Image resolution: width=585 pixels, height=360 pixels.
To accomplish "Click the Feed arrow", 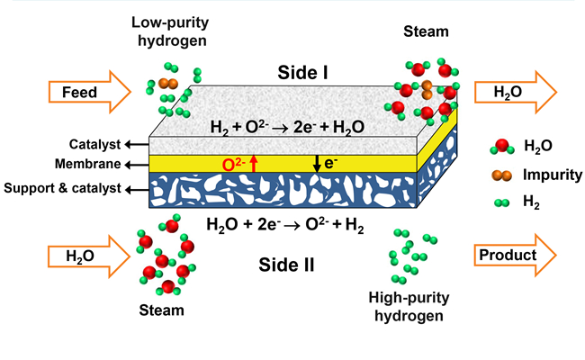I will pos(80,92).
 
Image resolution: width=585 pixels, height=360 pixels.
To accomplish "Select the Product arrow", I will pos(514,256).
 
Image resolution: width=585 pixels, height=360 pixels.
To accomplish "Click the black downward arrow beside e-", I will pos(317,163).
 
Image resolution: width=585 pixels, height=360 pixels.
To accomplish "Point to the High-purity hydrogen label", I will pos(411,307).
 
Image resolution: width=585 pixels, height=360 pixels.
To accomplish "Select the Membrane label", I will pos(90,165).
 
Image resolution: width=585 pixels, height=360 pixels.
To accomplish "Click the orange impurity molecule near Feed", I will pos(167,84).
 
